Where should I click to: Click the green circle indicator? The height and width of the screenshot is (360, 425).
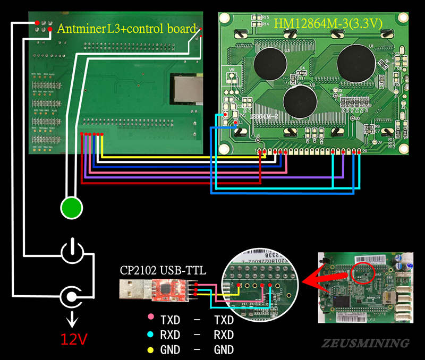(x=72, y=207)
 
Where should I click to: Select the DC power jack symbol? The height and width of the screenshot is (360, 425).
(x=72, y=295)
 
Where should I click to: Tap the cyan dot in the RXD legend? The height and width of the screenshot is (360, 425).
(x=151, y=335)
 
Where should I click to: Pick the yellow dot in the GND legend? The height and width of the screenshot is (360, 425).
(x=151, y=349)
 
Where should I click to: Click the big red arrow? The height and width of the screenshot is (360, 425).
(x=319, y=276)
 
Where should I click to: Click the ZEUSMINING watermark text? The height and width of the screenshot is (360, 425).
(x=365, y=343)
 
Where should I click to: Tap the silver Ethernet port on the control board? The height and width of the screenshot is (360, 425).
(x=187, y=90)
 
